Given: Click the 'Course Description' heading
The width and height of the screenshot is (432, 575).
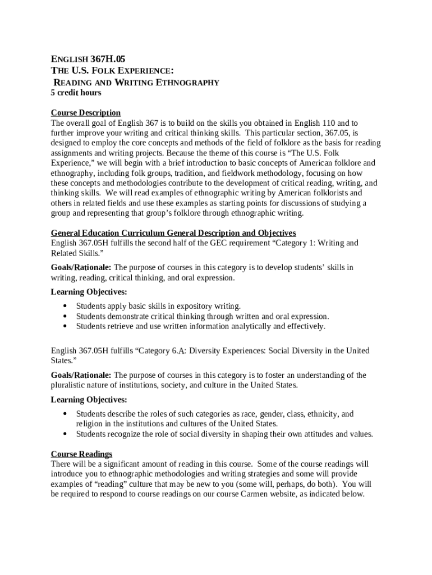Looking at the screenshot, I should pos(86,113).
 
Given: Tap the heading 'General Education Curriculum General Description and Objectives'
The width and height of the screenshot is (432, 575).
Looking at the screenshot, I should pos(173,233).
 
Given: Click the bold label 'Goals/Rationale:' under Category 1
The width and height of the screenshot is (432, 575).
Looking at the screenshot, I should pos(81,267).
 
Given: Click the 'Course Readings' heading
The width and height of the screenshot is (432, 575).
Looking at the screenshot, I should pos(82,454).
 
